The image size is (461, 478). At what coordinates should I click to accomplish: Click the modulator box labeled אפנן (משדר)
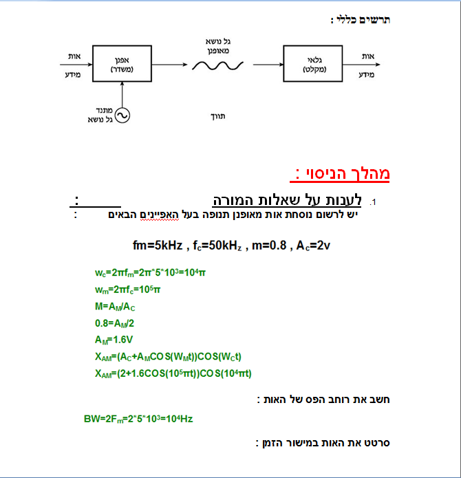122,65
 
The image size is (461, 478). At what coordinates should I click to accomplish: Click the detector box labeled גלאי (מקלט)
312,65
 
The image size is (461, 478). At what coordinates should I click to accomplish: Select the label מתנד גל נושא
100,115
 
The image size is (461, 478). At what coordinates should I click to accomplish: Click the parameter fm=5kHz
157,246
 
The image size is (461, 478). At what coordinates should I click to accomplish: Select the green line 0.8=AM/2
116,323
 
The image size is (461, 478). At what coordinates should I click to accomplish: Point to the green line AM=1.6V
114,340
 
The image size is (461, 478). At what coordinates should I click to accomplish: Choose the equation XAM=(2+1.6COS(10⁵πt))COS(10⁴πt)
173,373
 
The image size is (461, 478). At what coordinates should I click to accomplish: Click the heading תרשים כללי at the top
361,19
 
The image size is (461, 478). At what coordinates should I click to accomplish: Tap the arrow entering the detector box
266,65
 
